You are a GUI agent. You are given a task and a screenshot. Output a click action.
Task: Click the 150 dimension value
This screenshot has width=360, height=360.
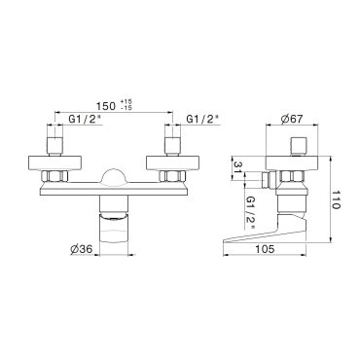click(106, 106)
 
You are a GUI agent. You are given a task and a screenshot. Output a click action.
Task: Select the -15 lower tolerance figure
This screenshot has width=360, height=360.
click(126, 108)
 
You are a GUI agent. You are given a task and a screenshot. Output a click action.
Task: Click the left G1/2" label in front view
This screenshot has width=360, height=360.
click(84, 119)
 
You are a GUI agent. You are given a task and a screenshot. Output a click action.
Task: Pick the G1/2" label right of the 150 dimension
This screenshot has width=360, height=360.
click(201, 119)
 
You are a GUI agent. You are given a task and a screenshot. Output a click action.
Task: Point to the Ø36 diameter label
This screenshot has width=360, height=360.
click(82, 249)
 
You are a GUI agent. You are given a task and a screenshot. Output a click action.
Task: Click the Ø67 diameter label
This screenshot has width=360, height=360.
click(292, 119)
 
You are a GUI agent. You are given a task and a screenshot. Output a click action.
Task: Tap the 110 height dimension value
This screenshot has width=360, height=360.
click(337, 199)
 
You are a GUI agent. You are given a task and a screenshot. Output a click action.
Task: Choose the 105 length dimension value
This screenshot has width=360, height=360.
click(265, 249)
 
